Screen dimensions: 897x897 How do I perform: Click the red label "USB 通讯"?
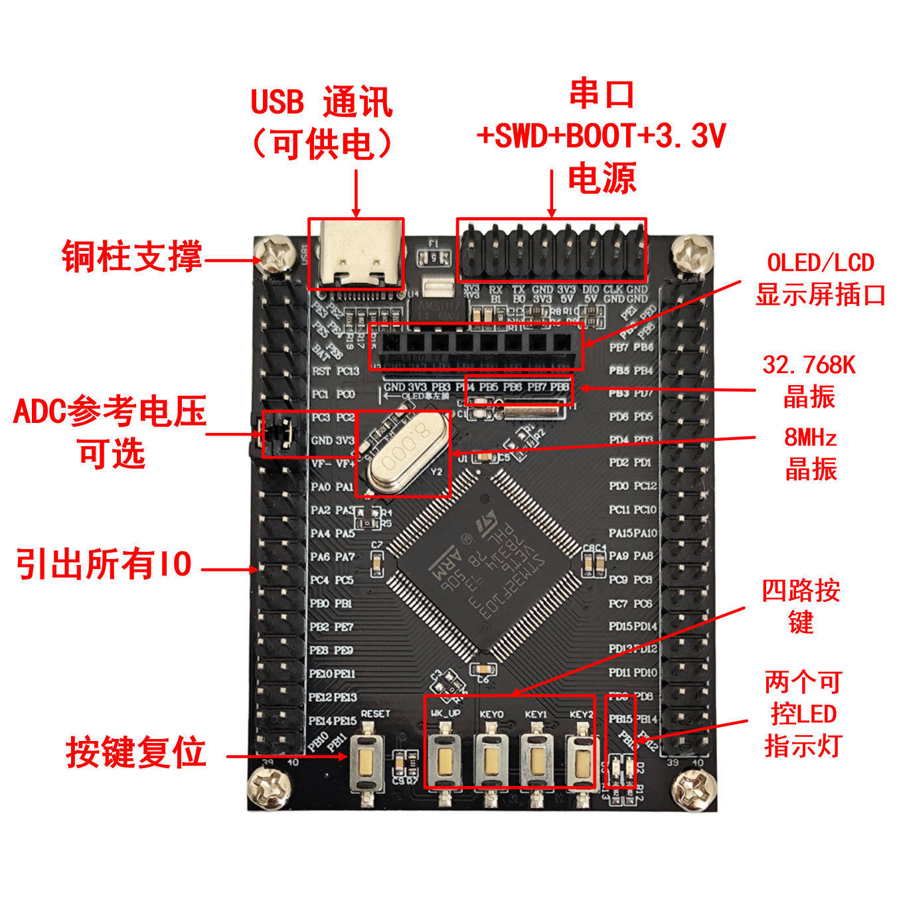321,102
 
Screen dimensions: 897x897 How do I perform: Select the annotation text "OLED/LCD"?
821,263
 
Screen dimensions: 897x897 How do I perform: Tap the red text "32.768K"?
809,365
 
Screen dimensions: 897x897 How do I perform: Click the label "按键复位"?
135,753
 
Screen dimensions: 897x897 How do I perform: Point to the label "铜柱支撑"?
131,256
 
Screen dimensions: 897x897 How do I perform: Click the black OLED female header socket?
476,345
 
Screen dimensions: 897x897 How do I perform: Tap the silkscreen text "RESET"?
376,714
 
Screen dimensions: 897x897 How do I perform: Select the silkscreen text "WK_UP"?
446,714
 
